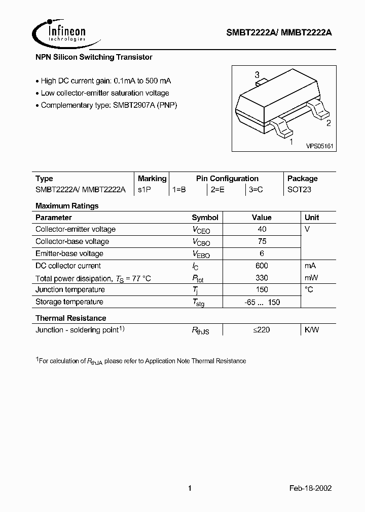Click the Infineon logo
pyautogui.click(x=60, y=33)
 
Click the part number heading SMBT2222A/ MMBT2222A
pyautogui.click(x=278, y=33)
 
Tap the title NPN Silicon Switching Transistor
pyautogui.click(x=94, y=58)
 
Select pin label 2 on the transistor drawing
pyautogui.click(x=328, y=123)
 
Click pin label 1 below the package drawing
pyautogui.click(x=290, y=142)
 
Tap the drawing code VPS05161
pyautogui.click(x=319, y=146)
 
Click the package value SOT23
pyautogui.click(x=299, y=190)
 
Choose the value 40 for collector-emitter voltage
pyautogui.click(x=262, y=229)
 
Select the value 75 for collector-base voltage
pyautogui.click(x=262, y=241)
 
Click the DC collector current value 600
pyautogui.click(x=262, y=266)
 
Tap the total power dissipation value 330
pyautogui.click(x=262, y=278)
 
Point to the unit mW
pyautogui.click(x=311, y=278)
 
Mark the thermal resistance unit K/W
pyautogui.click(x=311, y=330)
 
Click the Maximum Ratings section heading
pyautogui.click(x=67, y=206)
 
